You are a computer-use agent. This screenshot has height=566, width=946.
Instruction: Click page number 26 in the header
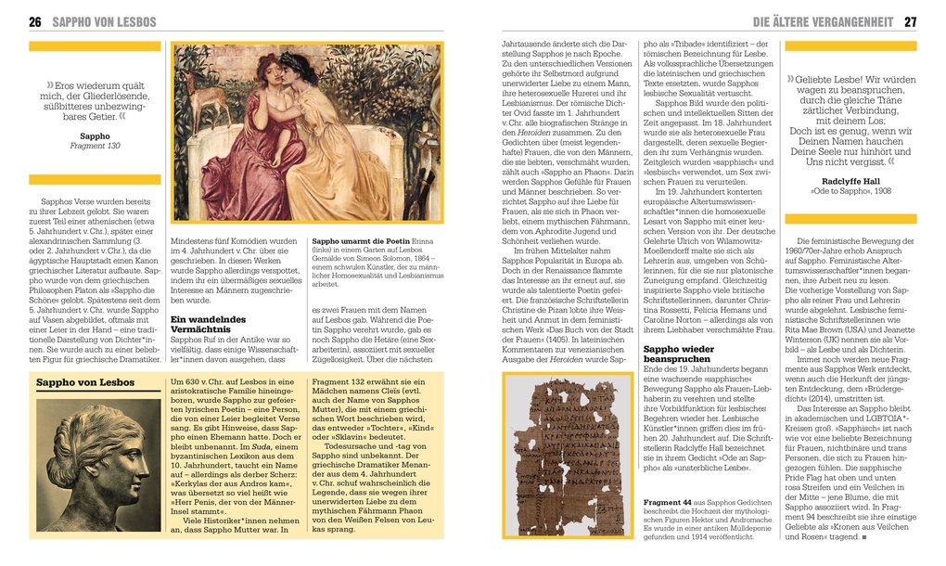coord(35,21)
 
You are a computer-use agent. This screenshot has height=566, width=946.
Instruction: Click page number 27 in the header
coord(910,21)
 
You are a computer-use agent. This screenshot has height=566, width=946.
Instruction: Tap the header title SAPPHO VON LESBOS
coord(104,21)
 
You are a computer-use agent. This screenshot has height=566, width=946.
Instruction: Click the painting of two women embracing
coord(307,132)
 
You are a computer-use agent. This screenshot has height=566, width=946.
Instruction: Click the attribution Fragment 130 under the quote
coord(95,146)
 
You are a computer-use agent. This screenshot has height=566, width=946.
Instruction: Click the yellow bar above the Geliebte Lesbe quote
coord(850,45)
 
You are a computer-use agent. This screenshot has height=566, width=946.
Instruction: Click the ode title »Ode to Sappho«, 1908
coord(837,191)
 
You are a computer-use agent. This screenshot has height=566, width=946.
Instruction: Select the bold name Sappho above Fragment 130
coord(95,135)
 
